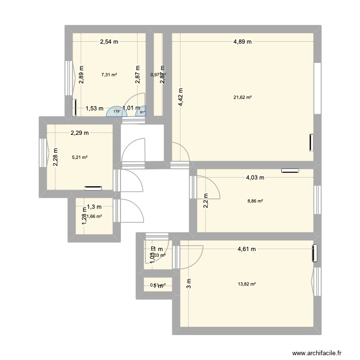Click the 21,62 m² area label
pyautogui.click(x=242, y=97)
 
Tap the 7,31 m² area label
pyautogui.click(x=109, y=74)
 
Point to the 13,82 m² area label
pyautogui.click(x=246, y=284)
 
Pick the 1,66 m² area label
pyautogui.click(x=94, y=216)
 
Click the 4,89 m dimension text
pyautogui.click(x=242, y=42)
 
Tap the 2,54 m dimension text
pyautogui.click(x=109, y=42)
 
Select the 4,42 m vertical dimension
pyautogui.click(x=180, y=99)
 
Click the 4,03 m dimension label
pyautogui.click(x=255, y=178)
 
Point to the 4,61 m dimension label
pyautogui.click(x=246, y=249)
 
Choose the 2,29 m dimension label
pyautogui.click(x=80, y=133)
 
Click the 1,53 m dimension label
pyautogui.click(x=95, y=108)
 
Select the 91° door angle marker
pyautogui.click(x=142, y=113)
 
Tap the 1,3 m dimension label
pyautogui.click(x=94, y=207)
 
